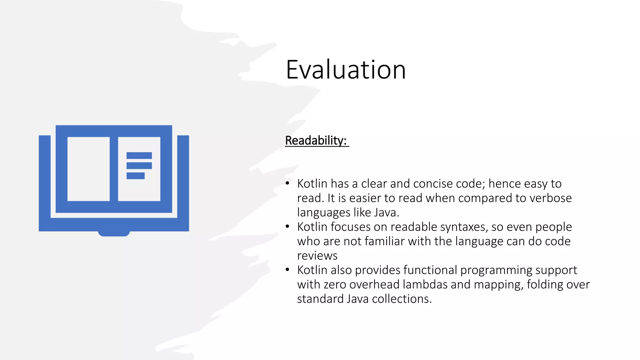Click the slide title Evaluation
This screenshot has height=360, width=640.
pyautogui.click(x=346, y=69)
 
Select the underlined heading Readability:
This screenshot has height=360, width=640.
pyautogui.click(x=316, y=141)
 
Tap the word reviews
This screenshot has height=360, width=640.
pyautogui.click(x=317, y=256)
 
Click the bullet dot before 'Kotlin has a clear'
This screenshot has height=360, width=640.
pyautogui.click(x=287, y=183)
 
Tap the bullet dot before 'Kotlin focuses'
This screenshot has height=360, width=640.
pyautogui.click(x=287, y=227)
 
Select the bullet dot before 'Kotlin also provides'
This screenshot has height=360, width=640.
pyautogui.click(x=287, y=270)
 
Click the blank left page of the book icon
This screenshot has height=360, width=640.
pyautogui.click(x=88, y=169)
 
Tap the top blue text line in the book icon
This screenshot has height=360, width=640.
pyautogui.click(x=139, y=156)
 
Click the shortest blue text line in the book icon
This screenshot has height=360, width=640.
pyautogui.click(x=135, y=176)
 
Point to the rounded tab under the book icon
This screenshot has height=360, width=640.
pyautogui.click(x=114, y=233)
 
